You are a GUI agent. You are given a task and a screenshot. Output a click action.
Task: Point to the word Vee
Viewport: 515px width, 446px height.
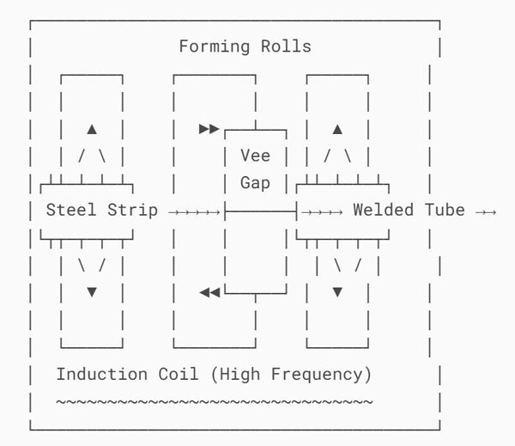click(x=255, y=156)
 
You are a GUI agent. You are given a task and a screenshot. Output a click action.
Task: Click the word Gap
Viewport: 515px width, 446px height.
click(x=255, y=183)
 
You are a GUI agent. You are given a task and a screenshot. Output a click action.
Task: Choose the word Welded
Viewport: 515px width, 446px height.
click(x=383, y=211)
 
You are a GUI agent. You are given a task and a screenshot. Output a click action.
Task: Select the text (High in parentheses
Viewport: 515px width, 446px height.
click(x=230, y=375)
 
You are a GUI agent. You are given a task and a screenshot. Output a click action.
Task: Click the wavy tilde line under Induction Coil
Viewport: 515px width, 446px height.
click(x=215, y=401)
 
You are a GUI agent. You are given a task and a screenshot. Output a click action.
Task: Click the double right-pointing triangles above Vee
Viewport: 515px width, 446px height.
click(x=209, y=129)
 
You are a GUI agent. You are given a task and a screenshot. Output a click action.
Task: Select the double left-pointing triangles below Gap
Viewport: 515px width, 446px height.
click(x=209, y=292)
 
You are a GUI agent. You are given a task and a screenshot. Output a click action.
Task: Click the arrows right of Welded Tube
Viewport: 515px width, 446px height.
click(x=486, y=211)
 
